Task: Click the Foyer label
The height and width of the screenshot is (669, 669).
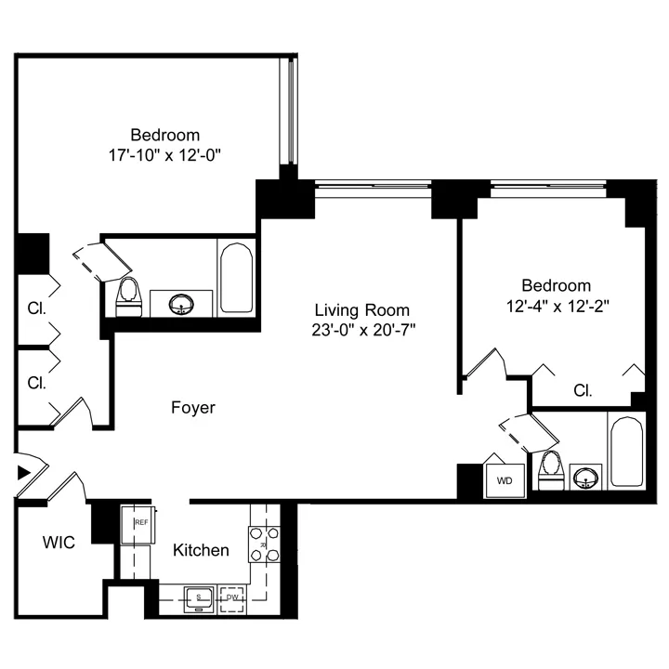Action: coord(193,407)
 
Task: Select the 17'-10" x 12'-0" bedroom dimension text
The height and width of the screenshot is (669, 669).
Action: coord(164,154)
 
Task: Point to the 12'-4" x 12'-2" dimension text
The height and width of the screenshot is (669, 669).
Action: coord(556,304)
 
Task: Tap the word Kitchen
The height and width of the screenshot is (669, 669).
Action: coord(201,550)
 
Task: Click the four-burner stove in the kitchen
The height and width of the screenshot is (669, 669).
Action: coord(264,544)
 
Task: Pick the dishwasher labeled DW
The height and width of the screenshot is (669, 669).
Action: coord(233,597)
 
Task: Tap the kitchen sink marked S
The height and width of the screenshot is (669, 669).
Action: coord(199,597)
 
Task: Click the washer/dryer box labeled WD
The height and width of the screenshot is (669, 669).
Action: coord(505,479)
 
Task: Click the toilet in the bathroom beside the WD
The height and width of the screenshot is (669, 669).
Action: coord(549,470)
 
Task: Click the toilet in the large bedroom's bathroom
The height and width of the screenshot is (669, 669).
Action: coord(128,296)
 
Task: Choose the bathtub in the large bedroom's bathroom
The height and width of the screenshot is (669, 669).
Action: coord(236,278)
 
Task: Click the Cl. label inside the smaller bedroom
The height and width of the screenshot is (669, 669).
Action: coord(583,390)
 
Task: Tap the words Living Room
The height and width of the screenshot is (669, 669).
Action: coord(361,309)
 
